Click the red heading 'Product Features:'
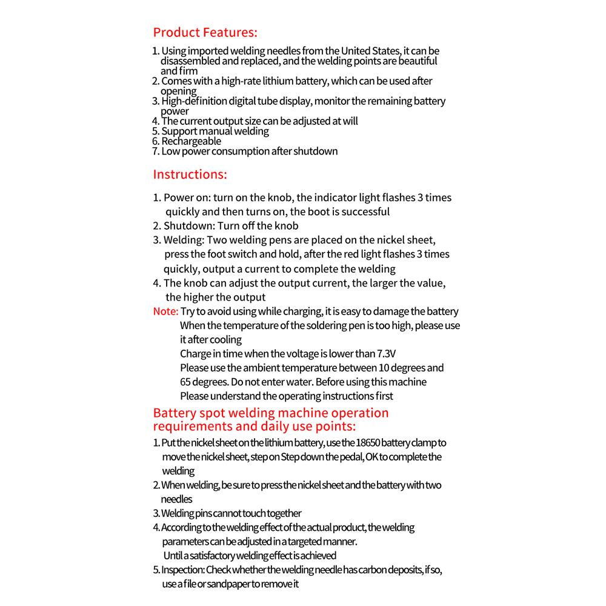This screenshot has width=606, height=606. pyautogui.click(x=205, y=32)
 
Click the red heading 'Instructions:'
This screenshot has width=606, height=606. pyautogui.click(x=190, y=175)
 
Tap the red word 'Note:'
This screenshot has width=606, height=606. pyautogui.click(x=165, y=311)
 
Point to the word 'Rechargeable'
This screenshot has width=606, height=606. pyautogui.click(x=191, y=141)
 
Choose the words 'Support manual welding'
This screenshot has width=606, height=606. pyautogui.click(x=215, y=131)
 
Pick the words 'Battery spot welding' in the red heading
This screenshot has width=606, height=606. pyautogui.click(x=215, y=413)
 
